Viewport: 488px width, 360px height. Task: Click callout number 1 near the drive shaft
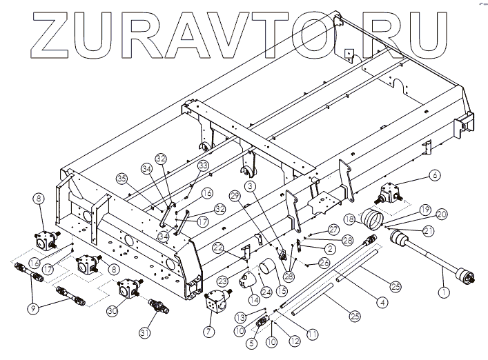pos(442,292)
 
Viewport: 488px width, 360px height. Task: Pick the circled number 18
pos(349,219)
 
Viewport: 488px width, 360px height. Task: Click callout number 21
pos(429,230)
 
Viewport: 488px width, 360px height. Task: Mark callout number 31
pos(145,334)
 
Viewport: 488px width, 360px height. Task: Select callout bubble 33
pos(203,166)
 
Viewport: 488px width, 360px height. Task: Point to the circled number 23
pos(223,281)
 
